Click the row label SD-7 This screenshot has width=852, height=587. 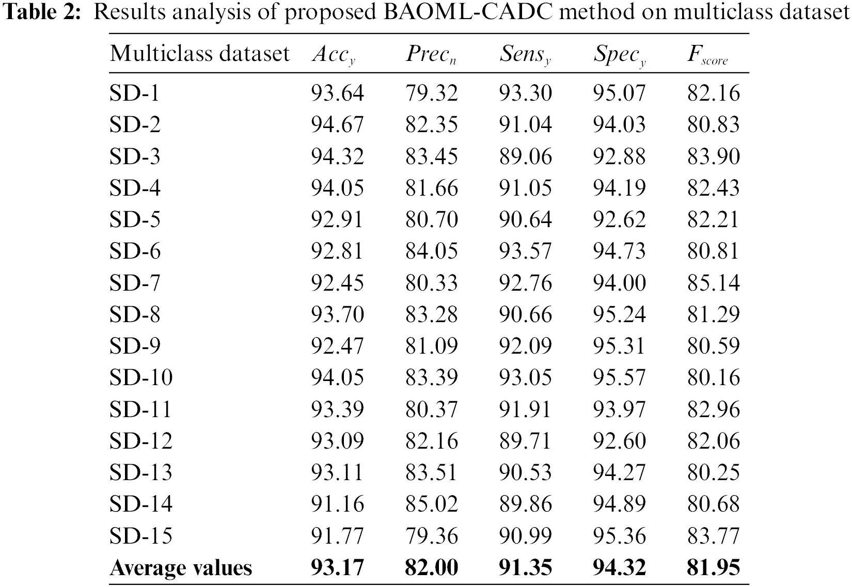click(135, 283)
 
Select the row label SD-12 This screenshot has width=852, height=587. click(140, 441)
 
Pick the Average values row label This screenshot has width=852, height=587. click(181, 568)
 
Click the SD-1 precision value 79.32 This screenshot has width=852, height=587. click(431, 93)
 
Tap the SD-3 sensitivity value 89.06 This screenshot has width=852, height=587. click(525, 156)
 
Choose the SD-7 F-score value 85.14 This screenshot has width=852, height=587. click(713, 283)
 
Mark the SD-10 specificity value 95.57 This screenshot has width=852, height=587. click(619, 377)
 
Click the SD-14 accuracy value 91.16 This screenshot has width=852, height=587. click(337, 504)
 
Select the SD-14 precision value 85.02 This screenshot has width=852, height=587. click(431, 504)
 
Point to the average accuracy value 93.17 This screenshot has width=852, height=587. click(337, 568)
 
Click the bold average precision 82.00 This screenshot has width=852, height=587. click(431, 568)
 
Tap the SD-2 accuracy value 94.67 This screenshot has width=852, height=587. click(337, 124)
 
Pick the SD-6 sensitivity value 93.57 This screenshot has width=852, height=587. click(525, 251)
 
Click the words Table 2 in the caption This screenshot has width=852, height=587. click(42, 12)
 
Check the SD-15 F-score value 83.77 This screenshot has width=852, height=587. click(713, 535)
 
